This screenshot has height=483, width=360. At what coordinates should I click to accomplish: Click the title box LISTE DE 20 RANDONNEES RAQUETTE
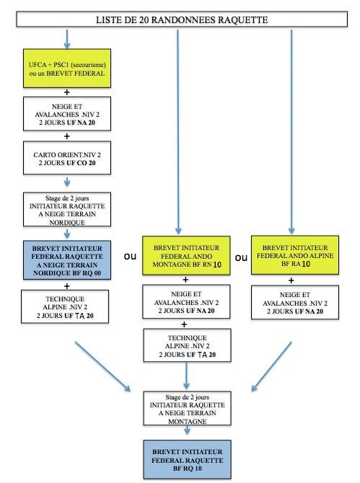coord(182,19)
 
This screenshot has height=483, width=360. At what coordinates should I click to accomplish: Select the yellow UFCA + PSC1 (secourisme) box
coord(67,68)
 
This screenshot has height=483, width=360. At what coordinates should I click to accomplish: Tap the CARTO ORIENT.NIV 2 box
coord(67,158)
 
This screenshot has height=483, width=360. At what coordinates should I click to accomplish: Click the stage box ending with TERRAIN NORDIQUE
coord(67,210)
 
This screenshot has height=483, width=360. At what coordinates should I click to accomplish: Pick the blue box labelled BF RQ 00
coord(67,260)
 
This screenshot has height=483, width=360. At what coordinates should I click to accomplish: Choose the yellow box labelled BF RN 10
coord(186,256)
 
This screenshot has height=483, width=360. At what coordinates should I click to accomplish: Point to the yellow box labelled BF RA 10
coord(295,255)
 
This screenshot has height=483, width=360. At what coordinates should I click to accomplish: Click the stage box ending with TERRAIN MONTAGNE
coord(187,409)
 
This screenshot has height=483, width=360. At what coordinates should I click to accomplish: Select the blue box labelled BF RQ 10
coord(187,460)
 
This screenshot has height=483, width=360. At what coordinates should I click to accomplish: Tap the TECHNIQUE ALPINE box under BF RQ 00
coord(65,306)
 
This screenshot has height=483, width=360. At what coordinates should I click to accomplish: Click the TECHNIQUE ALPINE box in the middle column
coord(187,345)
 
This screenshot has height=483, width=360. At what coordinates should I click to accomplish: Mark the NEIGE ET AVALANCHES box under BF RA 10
coord(295,302)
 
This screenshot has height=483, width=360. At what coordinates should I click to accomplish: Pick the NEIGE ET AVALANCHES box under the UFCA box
coord(67,114)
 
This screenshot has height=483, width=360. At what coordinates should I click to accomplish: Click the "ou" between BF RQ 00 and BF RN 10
coord(130,257)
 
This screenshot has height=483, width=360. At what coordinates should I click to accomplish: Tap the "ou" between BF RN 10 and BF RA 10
coord(241,257)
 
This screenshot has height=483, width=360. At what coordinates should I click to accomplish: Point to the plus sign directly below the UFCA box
coord(67,92)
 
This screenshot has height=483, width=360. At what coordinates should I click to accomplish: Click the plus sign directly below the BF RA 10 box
coord(291,280)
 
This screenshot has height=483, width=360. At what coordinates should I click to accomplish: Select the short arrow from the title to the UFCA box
coord(67,39)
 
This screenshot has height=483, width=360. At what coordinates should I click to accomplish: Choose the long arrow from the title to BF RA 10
coord(291,132)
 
